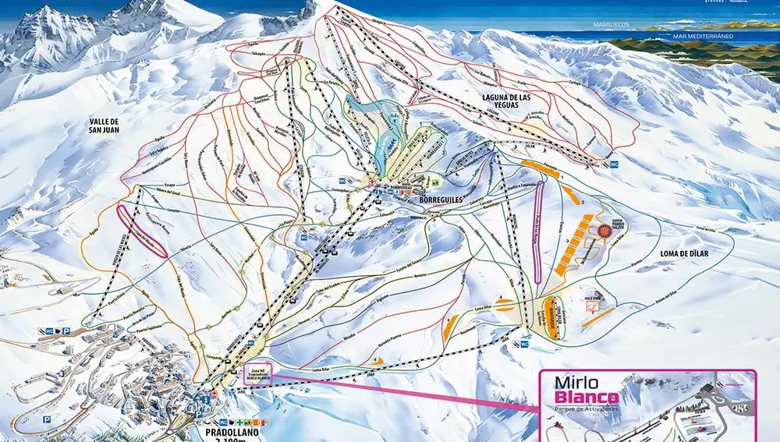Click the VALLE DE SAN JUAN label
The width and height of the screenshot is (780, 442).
[105, 126]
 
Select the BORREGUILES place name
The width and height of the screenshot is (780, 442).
[441, 200]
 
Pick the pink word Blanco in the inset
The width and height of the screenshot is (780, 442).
[587, 398]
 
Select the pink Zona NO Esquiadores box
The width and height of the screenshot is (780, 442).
[257, 375]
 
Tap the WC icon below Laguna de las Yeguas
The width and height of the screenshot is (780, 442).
[614, 164]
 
